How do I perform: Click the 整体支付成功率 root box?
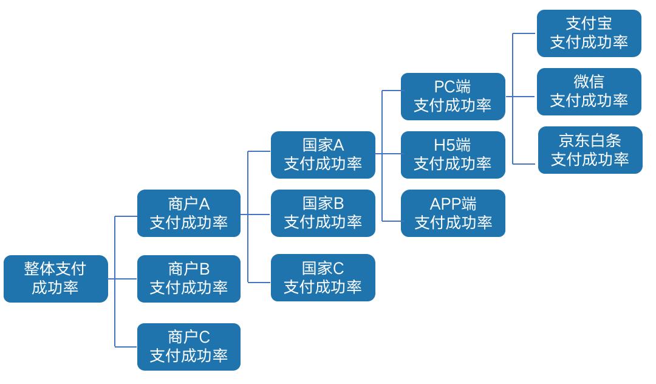click(55, 279)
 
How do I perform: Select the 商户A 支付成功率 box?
click(189, 213)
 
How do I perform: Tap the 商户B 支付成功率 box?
click(189, 279)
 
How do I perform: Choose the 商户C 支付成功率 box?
click(189, 346)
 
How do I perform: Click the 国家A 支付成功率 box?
click(323, 155)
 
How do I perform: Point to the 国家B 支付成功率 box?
click(323, 213)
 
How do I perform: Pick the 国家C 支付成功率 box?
click(323, 278)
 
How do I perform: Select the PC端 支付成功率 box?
click(453, 97)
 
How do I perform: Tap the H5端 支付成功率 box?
click(453, 155)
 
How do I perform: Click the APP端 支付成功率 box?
click(453, 213)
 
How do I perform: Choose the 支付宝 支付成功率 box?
click(589, 33)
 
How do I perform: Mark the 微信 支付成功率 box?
click(589, 92)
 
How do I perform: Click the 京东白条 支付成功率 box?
click(590, 150)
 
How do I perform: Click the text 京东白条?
click(590, 140)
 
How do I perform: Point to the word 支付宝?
click(589, 24)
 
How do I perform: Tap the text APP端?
click(453, 204)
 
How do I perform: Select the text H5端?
click(453, 145)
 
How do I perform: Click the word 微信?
click(589, 82)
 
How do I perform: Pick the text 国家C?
click(323, 268)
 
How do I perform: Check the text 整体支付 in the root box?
click(55, 269)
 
